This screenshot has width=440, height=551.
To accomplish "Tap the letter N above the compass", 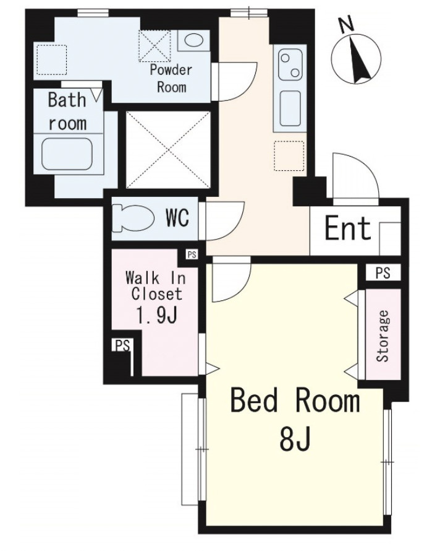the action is (x=347, y=25).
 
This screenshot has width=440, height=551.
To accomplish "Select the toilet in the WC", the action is (x=133, y=219).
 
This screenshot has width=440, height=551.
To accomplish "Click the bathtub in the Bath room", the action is (x=67, y=154).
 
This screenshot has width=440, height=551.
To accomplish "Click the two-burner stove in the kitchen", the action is (x=290, y=64).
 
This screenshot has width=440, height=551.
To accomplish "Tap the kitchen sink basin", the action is (x=290, y=108).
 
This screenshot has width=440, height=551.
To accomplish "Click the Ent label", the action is (x=348, y=228).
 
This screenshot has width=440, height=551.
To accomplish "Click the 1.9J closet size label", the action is (x=156, y=316).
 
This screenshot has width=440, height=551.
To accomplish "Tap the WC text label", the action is (x=177, y=218).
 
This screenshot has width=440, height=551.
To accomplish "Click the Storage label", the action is (x=383, y=336).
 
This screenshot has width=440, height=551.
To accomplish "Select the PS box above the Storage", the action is (x=383, y=272).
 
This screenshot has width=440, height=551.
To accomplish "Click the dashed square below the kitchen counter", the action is (x=289, y=156).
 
